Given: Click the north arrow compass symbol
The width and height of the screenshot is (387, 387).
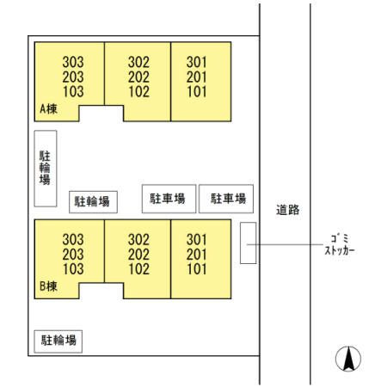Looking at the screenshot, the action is (x=348, y=359).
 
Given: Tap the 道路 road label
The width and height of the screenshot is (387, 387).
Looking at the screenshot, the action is (x=288, y=210).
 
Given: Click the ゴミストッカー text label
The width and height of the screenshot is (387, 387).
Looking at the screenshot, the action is (x=340, y=244).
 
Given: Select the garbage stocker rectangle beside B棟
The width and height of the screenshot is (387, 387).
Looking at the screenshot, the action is (x=249, y=243).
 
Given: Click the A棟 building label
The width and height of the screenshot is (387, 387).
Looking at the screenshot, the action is (x=48, y=109).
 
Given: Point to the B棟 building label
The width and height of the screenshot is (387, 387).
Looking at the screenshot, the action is (x=48, y=286).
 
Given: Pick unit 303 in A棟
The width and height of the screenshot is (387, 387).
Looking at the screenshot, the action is (x=73, y=62).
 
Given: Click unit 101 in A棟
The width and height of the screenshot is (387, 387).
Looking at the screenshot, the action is (x=197, y=92).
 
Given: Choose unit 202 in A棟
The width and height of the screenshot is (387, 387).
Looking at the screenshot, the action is (x=138, y=77).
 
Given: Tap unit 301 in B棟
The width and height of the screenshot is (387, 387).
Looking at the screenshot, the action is (x=197, y=239).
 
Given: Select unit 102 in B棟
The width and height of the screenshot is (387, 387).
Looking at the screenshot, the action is (x=138, y=269).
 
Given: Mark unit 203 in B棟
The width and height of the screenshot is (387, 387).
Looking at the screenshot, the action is (x=73, y=255).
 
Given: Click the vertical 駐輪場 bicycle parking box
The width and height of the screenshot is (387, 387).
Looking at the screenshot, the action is (x=46, y=169).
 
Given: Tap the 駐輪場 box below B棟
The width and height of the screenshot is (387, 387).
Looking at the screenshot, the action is (x=58, y=341).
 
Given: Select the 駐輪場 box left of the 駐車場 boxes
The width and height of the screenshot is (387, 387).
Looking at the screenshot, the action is (x=93, y=202).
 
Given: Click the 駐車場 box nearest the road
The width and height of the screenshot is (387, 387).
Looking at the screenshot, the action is (x=226, y=199).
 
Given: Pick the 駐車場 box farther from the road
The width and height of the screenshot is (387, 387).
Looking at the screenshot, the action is (x=169, y=199).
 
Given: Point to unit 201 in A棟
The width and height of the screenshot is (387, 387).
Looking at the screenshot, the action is (x=197, y=77).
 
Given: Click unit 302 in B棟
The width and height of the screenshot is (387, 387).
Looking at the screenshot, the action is (x=138, y=239).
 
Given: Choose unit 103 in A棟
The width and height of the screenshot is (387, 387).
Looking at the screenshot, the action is (x=73, y=92).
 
